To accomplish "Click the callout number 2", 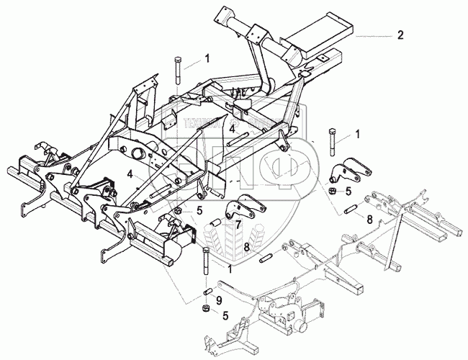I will pos(401,34).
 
